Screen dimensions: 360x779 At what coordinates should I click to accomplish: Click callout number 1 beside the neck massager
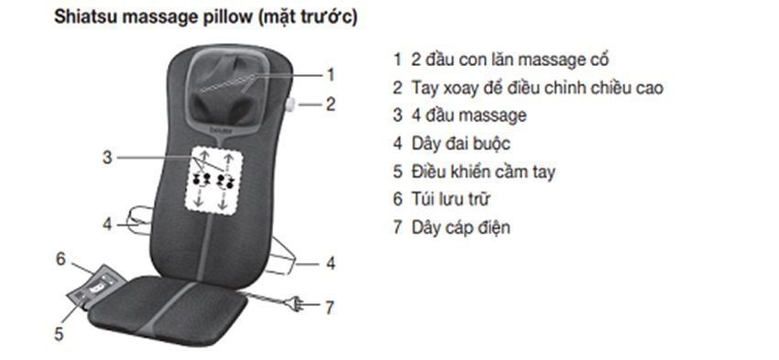[331, 74]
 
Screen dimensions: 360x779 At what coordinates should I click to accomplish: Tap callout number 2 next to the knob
[331, 104]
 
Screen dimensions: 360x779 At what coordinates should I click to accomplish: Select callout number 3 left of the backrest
[107, 158]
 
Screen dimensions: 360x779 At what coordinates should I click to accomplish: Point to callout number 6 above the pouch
[61, 259]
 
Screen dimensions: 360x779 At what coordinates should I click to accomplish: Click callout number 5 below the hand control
[59, 334]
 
